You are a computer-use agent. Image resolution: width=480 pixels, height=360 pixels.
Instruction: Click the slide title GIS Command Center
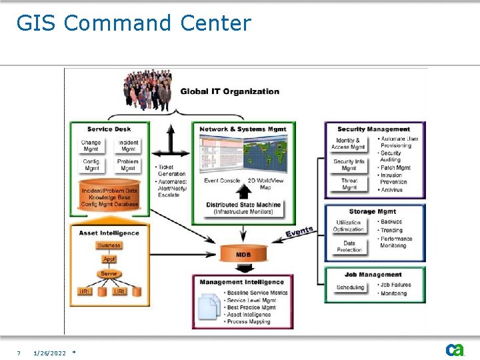133,23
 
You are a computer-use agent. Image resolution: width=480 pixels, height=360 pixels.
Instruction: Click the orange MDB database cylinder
243,254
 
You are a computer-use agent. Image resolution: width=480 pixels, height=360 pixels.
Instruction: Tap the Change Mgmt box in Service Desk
91,146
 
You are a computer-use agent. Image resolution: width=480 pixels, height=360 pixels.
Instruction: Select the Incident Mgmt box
128,146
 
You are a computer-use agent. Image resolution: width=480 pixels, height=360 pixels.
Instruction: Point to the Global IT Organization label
229,91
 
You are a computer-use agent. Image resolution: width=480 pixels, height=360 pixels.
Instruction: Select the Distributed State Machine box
243,208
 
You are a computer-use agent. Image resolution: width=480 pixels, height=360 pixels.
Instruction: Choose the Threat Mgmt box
349,184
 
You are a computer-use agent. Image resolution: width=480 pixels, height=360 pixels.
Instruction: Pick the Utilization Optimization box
349,226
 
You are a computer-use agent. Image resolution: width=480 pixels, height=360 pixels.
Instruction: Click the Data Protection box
349,247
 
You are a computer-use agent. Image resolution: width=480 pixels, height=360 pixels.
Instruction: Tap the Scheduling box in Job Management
350,287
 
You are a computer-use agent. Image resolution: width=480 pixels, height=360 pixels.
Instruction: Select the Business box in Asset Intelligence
109,245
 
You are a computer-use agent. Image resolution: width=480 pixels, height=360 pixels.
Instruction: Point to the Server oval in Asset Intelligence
109,274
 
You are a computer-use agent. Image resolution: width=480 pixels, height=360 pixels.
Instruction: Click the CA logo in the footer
455,350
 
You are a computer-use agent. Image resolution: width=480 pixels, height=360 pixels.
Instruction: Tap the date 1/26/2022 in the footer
49,353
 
